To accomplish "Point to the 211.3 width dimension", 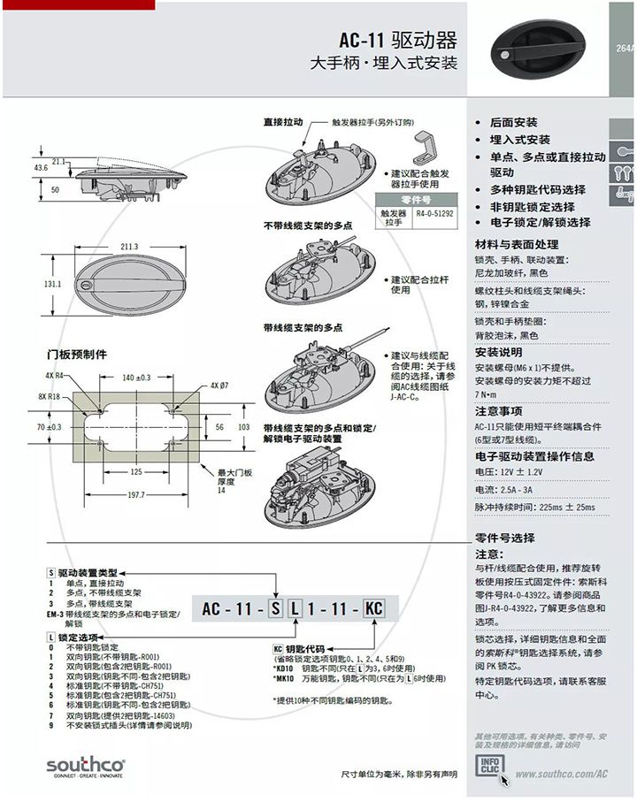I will [129, 247].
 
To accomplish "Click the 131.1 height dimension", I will [52, 285].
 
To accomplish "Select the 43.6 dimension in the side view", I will [41, 167].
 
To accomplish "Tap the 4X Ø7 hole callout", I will [220, 386].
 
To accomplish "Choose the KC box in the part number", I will [374, 608].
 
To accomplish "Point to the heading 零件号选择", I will [505, 538].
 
